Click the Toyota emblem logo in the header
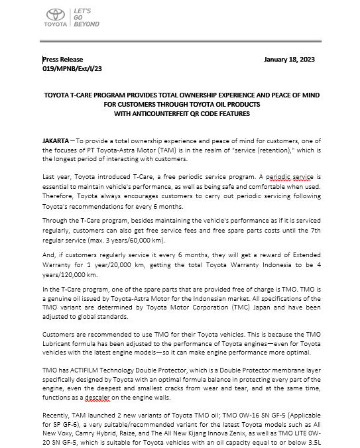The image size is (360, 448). [55, 15]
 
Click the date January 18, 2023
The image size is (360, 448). [289, 59]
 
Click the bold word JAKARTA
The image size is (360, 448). [58, 142]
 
